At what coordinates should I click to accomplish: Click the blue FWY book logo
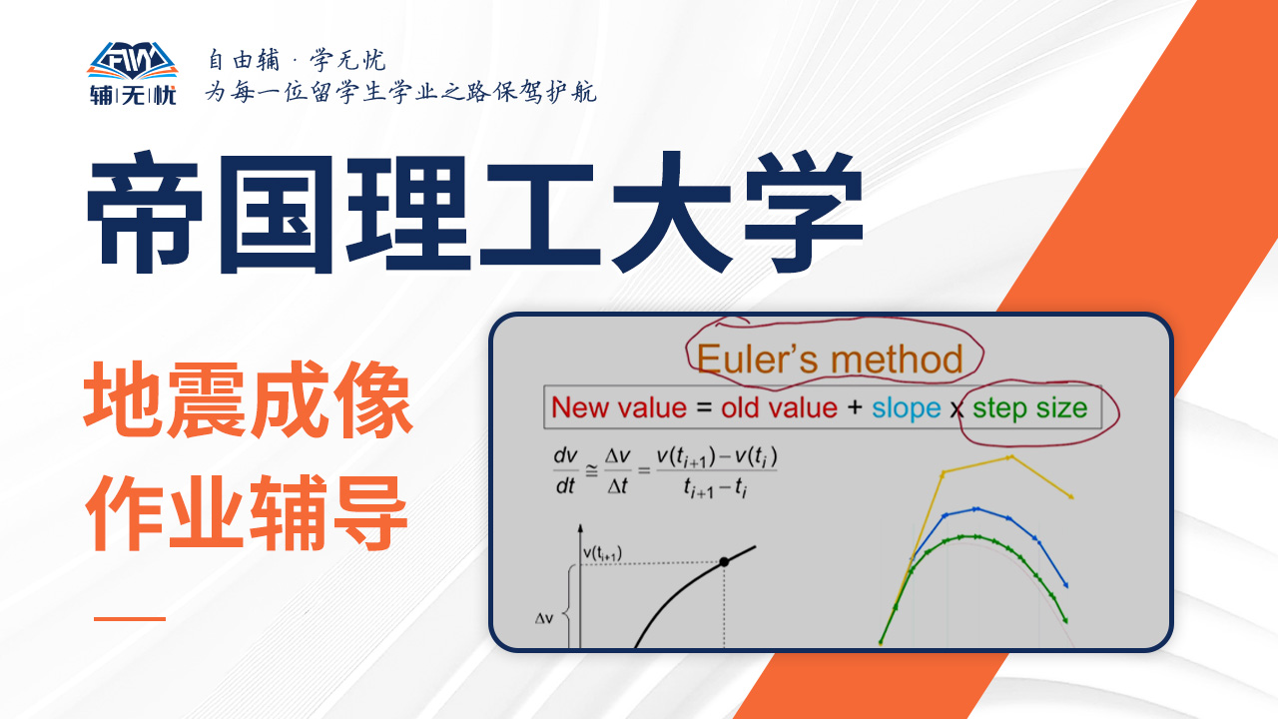(x=132, y=60)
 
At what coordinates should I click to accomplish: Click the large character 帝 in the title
(x=145, y=212)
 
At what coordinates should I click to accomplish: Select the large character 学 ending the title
(x=804, y=212)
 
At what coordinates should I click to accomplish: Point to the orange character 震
(x=207, y=399)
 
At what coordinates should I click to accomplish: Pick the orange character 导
(x=369, y=512)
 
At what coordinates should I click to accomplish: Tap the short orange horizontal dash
(x=130, y=618)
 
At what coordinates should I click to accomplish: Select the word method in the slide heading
(x=897, y=359)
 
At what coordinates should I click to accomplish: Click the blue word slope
(x=906, y=408)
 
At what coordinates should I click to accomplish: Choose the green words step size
(x=1029, y=408)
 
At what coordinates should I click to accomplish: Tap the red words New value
(x=618, y=408)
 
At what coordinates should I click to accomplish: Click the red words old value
(x=779, y=408)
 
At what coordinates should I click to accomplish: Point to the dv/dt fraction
(x=565, y=470)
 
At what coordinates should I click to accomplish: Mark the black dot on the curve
(x=724, y=562)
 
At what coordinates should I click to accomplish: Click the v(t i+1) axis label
(x=602, y=553)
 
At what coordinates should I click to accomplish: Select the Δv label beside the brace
(x=544, y=618)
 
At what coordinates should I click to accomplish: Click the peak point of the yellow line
(x=1010, y=457)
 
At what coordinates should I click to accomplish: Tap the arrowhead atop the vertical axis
(x=580, y=528)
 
